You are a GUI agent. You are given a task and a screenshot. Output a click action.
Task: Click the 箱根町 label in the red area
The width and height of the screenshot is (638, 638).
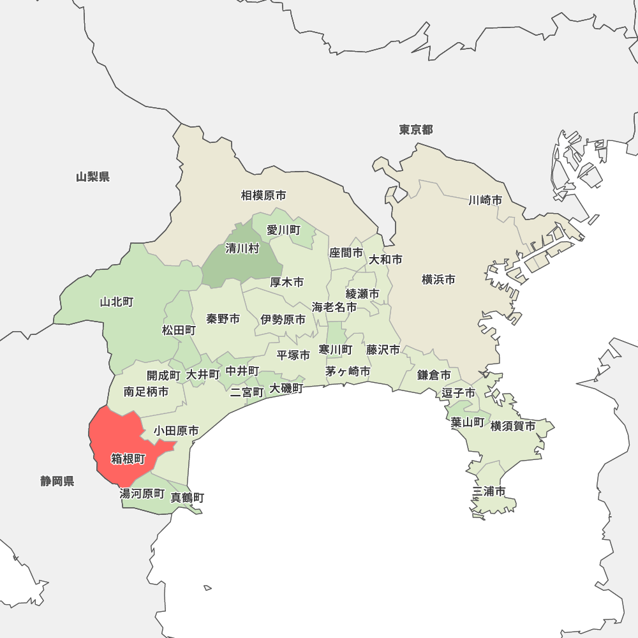pyautogui.click(x=128, y=459)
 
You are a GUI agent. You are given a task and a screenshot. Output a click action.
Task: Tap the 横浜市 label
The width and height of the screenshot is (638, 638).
pyautogui.click(x=439, y=279)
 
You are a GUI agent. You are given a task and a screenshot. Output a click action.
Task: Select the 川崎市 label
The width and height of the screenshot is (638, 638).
pyautogui.click(x=485, y=200)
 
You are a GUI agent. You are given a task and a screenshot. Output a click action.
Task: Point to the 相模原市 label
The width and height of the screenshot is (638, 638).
pyautogui.click(x=263, y=195)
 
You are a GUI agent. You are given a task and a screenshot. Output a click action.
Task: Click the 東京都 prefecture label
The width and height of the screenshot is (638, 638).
pyautogui.click(x=416, y=130)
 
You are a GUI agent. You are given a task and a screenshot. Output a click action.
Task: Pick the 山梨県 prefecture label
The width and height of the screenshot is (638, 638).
pyautogui.click(x=93, y=177)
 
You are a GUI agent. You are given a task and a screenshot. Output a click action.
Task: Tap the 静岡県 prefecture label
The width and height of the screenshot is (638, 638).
pyautogui.click(x=57, y=481)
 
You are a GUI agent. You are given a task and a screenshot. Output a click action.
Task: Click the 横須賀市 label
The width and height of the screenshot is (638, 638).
pyautogui.click(x=513, y=426)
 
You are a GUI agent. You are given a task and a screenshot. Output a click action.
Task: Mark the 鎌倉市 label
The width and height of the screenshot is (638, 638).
pyautogui.click(x=434, y=375)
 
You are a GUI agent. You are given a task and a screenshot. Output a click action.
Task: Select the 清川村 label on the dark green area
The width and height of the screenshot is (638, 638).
pyautogui.click(x=242, y=249)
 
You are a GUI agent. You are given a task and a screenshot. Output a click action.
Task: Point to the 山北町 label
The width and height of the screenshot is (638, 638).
pyautogui.click(x=117, y=302)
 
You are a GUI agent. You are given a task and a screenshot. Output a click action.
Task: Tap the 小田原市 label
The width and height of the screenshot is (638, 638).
pyautogui.click(x=176, y=431)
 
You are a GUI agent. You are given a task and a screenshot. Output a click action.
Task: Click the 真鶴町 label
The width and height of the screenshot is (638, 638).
pyautogui.click(x=188, y=498)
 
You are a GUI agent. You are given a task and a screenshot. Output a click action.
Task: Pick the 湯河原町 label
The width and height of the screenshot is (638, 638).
pyautogui.click(x=142, y=494)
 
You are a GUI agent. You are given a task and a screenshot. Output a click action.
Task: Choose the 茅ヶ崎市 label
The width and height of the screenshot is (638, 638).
pyautogui.click(x=348, y=371)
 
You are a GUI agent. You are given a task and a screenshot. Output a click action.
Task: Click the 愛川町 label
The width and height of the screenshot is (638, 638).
pyautogui.click(x=283, y=230)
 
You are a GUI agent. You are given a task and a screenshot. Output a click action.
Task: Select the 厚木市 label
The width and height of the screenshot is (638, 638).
pyautogui.click(x=287, y=282)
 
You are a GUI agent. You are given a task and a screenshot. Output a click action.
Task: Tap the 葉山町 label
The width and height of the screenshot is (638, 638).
pyautogui.click(x=467, y=422)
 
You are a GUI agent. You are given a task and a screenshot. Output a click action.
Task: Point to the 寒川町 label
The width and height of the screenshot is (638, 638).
pyautogui.click(x=336, y=350)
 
